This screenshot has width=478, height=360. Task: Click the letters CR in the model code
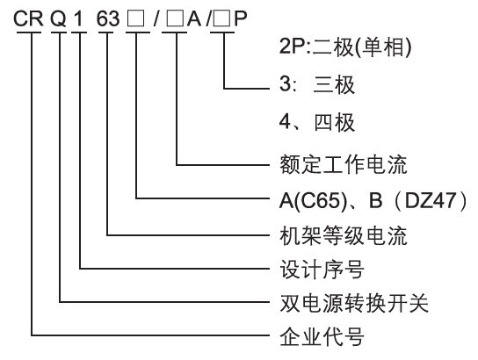coord(28,19)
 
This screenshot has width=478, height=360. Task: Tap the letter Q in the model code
coord(58,19)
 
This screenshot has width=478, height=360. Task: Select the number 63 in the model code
coord(108,19)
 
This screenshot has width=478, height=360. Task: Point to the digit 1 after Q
coord(78,19)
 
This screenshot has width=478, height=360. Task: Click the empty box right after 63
coord(136,20)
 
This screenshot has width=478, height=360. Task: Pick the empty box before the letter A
coord(175,20)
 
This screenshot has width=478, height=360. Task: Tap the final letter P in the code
coord(240,19)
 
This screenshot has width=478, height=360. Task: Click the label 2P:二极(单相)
coord(345,47)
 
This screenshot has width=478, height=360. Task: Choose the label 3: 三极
coord(317,84)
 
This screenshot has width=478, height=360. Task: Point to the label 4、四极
coord(317,122)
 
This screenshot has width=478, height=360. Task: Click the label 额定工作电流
coord(344,165)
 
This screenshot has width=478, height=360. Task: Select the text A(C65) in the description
coord(314,200)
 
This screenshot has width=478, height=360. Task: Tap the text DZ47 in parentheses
coord(431,200)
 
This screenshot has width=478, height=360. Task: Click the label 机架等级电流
coord(344,235)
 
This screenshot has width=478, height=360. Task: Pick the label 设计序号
coord(322,270)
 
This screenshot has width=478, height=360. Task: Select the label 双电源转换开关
coord(354,303)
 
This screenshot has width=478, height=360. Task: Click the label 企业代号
coord(322,336)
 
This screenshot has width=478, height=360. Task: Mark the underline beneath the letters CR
coord(29,32)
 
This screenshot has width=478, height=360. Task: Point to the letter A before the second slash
coord(194,19)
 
